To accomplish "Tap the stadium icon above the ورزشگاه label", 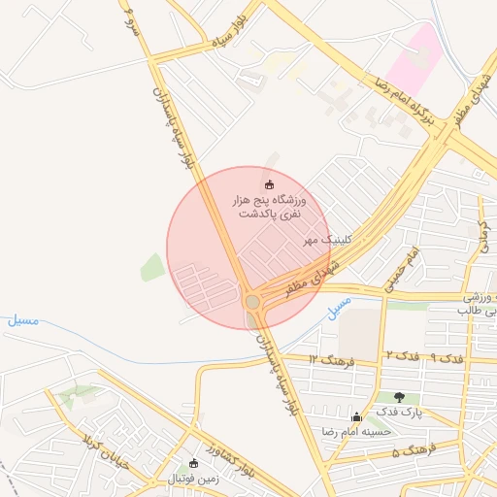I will click(x=269, y=185).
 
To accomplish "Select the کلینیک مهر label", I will click(x=327, y=239).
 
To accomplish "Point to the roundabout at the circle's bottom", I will click(x=253, y=302).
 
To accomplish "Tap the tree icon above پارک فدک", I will click(x=400, y=396).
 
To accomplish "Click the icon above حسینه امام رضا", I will click(x=356, y=416).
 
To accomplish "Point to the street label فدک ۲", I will click(x=402, y=357).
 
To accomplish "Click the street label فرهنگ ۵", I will click(x=410, y=452).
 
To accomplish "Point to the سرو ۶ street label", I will click(x=130, y=17).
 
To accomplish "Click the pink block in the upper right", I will click(x=414, y=58).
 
